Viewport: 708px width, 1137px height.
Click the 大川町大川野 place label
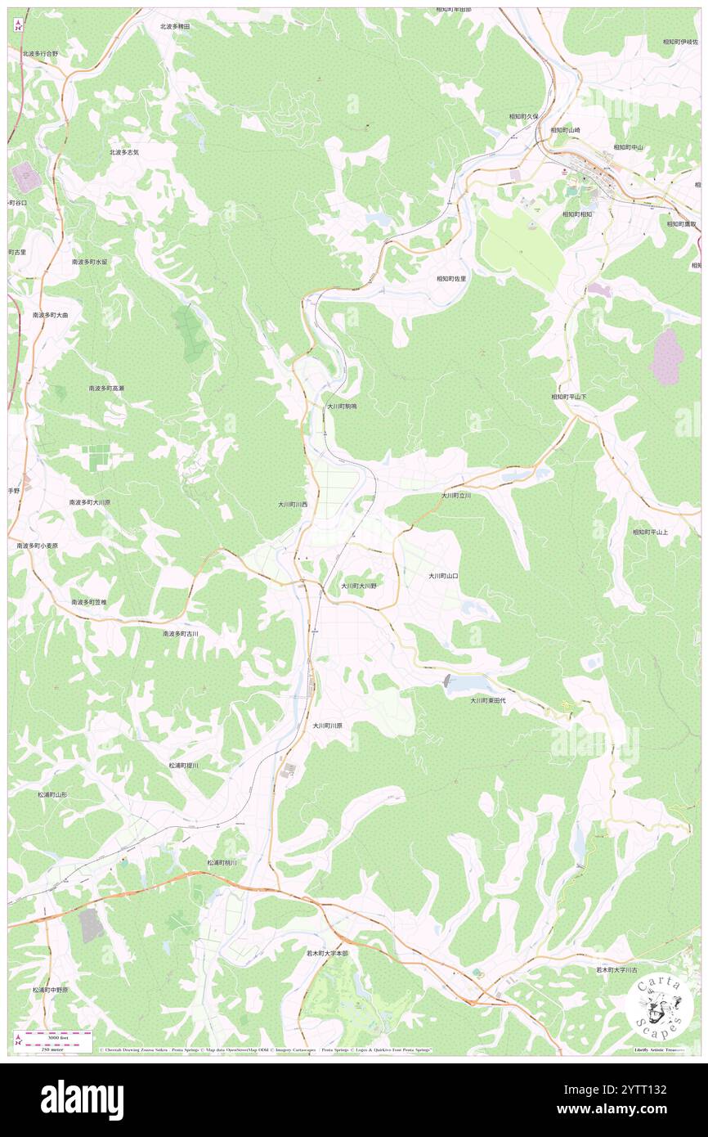pos(359,586)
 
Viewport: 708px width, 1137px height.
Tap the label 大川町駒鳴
pos(342,406)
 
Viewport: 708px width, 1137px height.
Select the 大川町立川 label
pos(455,496)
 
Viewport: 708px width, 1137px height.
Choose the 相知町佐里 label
pos(450,279)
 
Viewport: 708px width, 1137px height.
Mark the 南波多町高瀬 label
pos(107,389)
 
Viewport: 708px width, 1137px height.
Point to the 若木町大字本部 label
pos(327,953)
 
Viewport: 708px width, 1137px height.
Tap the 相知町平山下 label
pos(568,397)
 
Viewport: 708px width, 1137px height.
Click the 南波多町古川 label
pos(180,633)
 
